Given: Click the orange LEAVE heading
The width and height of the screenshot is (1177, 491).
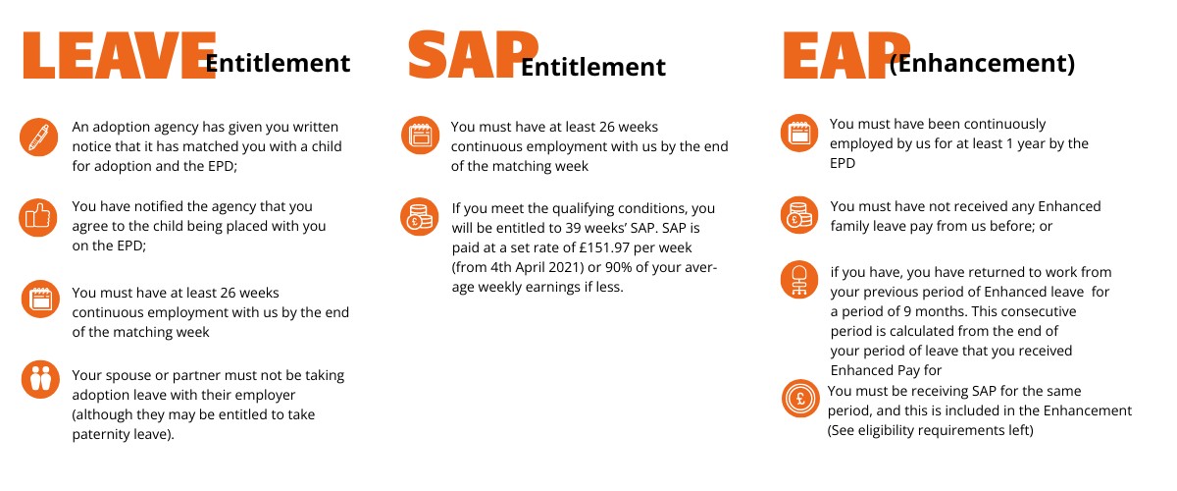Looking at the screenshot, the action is pos(120,55).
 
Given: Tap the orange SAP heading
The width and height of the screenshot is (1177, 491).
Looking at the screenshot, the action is pos(473,54).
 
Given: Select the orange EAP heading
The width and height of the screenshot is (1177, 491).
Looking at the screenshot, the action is pos(845,55).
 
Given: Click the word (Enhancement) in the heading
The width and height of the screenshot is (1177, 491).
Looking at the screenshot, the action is pos(982,63).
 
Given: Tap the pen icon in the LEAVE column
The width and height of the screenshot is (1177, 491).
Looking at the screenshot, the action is pos(39,136).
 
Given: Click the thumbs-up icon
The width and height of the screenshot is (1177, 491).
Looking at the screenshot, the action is pos(38,217).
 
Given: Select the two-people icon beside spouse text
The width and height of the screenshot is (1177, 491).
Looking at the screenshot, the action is pos(40,379).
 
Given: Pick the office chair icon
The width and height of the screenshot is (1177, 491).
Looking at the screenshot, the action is pos(799,280).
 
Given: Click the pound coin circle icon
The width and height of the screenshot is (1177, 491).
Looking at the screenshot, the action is pos(800,399).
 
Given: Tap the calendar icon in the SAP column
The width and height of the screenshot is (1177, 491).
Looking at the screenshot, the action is pos(421,136).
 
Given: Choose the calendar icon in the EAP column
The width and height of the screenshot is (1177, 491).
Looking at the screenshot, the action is pos(799,133).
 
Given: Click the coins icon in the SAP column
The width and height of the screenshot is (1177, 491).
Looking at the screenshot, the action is pos(420,217).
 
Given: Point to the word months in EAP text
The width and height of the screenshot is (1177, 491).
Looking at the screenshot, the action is pos(939,311).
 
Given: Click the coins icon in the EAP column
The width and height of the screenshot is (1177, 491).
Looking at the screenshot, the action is pos(799,215).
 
